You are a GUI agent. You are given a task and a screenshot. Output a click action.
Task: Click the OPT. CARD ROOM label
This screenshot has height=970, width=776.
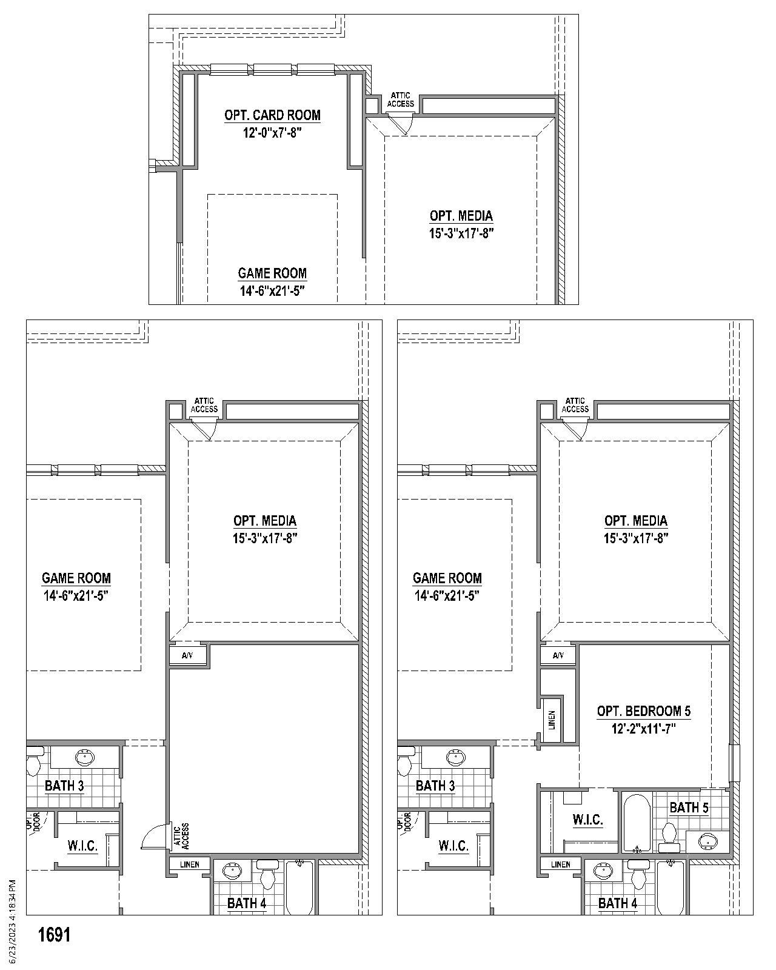click(272, 115)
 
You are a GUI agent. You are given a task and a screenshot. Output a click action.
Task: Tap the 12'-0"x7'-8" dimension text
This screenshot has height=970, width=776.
click(272, 133)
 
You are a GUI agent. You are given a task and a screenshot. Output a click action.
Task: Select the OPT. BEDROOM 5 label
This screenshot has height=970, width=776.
click(643, 711)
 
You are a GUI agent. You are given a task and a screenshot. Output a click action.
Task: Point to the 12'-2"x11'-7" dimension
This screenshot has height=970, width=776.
click(643, 728)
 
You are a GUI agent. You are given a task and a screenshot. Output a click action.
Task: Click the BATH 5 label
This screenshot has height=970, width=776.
click(689, 808)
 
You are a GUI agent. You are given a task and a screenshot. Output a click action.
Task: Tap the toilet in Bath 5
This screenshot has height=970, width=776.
click(669, 834)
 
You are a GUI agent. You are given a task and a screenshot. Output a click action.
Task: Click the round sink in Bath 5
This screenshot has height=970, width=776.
click(707, 841)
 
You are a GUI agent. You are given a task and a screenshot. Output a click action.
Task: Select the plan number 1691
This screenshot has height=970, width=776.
click(55, 935)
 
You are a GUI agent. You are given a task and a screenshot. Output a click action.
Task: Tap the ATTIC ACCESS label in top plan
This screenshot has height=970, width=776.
click(400, 99)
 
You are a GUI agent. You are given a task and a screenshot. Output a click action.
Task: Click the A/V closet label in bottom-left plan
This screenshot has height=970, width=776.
click(187, 655)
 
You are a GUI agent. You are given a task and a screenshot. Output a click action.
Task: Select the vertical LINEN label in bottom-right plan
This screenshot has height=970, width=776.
click(551, 720)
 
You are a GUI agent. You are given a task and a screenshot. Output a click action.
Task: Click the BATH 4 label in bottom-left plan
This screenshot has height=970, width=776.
click(247, 903)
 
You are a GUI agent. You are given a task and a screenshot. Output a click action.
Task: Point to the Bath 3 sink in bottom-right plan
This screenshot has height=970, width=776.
click(455, 757)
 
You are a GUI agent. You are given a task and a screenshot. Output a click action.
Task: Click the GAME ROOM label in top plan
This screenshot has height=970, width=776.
click(272, 273)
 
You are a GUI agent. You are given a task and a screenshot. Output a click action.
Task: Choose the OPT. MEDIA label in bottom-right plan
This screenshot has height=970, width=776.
click(636, 521)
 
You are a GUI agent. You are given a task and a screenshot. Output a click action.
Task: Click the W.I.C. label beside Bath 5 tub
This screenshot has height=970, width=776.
click(587, 820)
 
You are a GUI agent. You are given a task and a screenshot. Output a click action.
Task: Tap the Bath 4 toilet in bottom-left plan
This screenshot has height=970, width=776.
click(267, 875)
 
